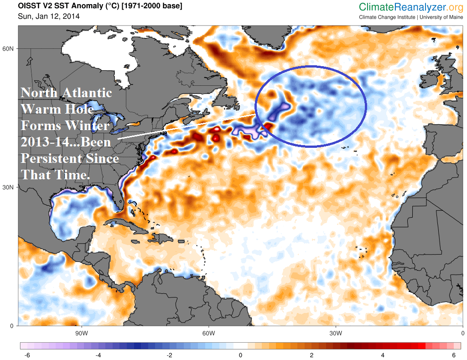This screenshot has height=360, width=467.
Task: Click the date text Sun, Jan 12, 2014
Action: pyautogui.click(x=49, y=16)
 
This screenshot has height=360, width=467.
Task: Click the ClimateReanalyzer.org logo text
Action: pyautogui.click(x=411, y=7)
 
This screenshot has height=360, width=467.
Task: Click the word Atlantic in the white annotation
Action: pyautogui.click(x=86, y=93)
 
